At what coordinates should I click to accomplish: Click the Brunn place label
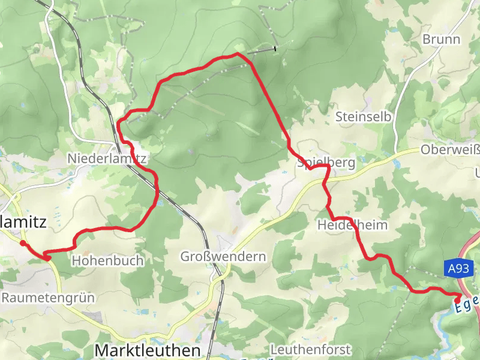441,40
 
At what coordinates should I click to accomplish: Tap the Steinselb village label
359,116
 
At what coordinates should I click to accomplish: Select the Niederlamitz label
107,158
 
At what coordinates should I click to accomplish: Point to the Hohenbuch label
108,260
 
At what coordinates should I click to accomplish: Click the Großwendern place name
223,257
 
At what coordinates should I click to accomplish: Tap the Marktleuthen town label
148,350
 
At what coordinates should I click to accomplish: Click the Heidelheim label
352,225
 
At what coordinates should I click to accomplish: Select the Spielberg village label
326,163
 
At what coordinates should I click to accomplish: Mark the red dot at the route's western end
22,243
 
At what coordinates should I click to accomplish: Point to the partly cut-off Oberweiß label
450,150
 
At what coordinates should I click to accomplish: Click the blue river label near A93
467,303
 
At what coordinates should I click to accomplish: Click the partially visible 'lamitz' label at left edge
23,221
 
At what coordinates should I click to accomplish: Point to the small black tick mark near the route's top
275,48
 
